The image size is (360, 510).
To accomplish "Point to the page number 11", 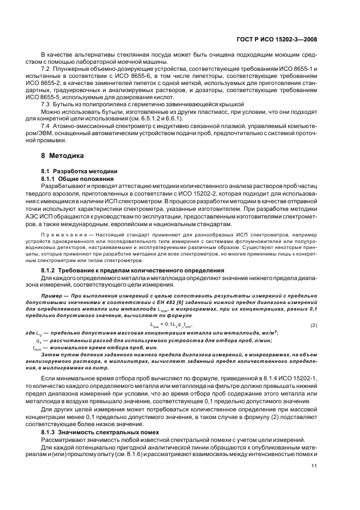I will point(314,466).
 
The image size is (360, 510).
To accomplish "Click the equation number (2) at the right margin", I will point(314,325).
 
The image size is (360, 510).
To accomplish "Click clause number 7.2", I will point(46,70).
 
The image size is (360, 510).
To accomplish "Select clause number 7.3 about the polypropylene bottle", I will point(46,104).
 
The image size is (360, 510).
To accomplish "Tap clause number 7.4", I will point(46,126).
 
